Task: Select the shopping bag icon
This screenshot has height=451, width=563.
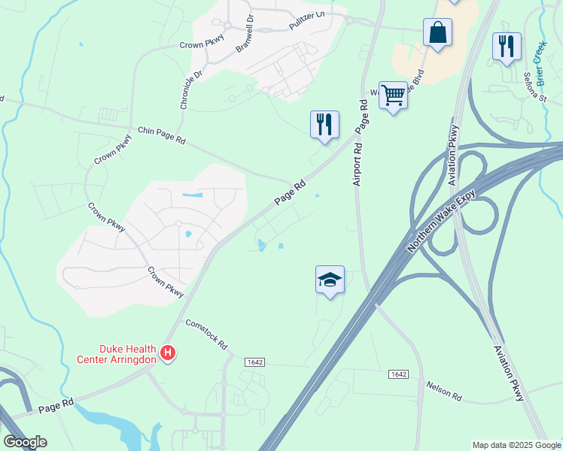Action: click(437, 33)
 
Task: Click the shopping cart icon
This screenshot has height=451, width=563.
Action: click(393, 95)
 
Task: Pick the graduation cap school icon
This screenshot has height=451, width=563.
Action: click(330, 280)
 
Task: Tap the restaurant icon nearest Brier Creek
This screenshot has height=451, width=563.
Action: click(507, 46)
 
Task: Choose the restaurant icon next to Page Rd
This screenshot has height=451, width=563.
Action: click(324, 125)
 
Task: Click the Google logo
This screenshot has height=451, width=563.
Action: click(25, 442)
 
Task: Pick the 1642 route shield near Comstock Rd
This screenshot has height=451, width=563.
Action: click(254, 362)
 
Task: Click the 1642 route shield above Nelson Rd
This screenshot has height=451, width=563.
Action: click(398, 374)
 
